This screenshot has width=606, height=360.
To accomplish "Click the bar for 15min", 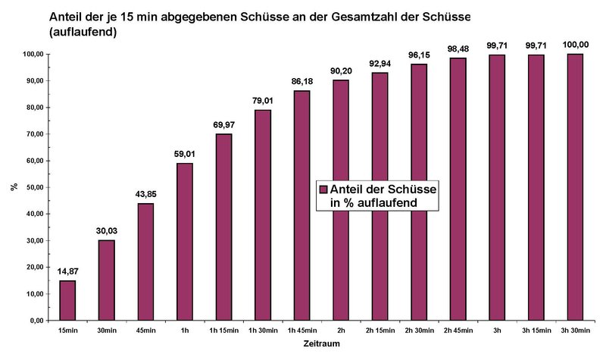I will tap(67, 300).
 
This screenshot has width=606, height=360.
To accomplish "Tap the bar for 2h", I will tap(341, 200).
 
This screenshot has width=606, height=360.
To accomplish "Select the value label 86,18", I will tap(302, 81).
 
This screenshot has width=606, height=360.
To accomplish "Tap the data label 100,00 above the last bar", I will tap(574, 45).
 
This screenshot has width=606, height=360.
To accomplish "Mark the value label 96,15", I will tap(419, 55).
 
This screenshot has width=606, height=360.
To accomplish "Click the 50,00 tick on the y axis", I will tap(32, 187).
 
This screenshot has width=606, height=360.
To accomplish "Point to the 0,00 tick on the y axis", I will tap(35, 321).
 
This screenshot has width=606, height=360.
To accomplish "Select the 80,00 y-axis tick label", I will tap(32, 108).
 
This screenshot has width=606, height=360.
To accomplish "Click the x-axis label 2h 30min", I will tap(419, 330).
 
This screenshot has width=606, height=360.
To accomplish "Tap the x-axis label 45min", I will tap(145, 330).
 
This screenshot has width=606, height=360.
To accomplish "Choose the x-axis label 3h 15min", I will tap(536, 330).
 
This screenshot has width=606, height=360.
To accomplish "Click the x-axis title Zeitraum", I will tap(313, 345).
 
